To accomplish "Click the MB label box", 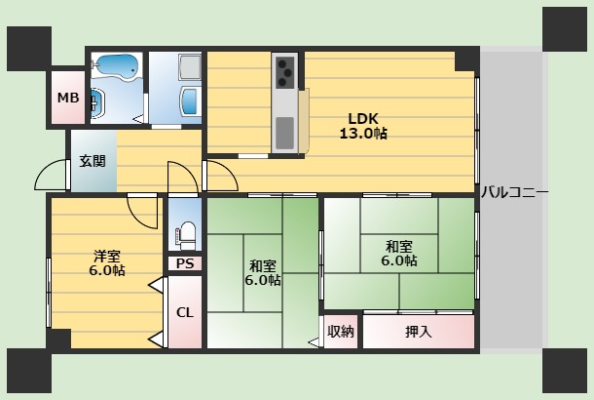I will point(67,98).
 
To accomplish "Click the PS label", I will point(184,263).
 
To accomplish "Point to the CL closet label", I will point(184,312).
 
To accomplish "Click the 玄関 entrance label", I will point(93,162).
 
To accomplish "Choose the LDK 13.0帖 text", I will point(362,126).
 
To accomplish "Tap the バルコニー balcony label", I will point(514,192).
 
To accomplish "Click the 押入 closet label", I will point(419,332).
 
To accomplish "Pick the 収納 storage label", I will point(341,332).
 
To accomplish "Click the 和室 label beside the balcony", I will point(398,254).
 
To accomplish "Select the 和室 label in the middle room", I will point(262,272).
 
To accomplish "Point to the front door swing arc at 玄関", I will point(51,176).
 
